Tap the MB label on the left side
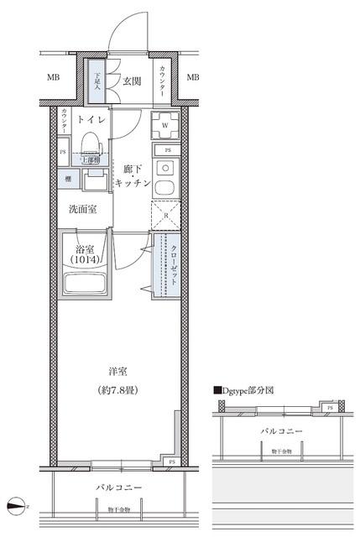click(53, 78)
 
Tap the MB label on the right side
click(193, 78)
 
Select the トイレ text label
click(91, 120)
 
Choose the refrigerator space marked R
click(164, 216)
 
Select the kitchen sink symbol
click(164, 186)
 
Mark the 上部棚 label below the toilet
click(88, 160)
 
